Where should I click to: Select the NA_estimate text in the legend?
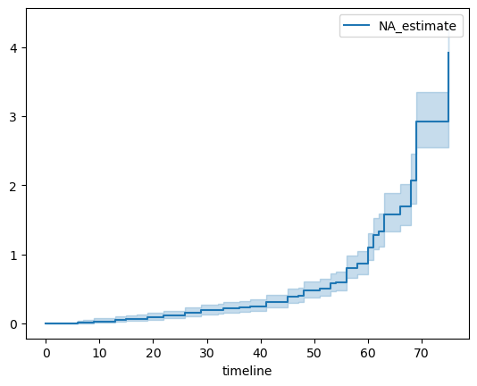point(421,27)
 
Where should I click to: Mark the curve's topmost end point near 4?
point(448,53)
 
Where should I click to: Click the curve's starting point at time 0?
point(46,323)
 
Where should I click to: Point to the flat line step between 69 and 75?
point(432,122)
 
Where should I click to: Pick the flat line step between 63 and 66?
point(391,214)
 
